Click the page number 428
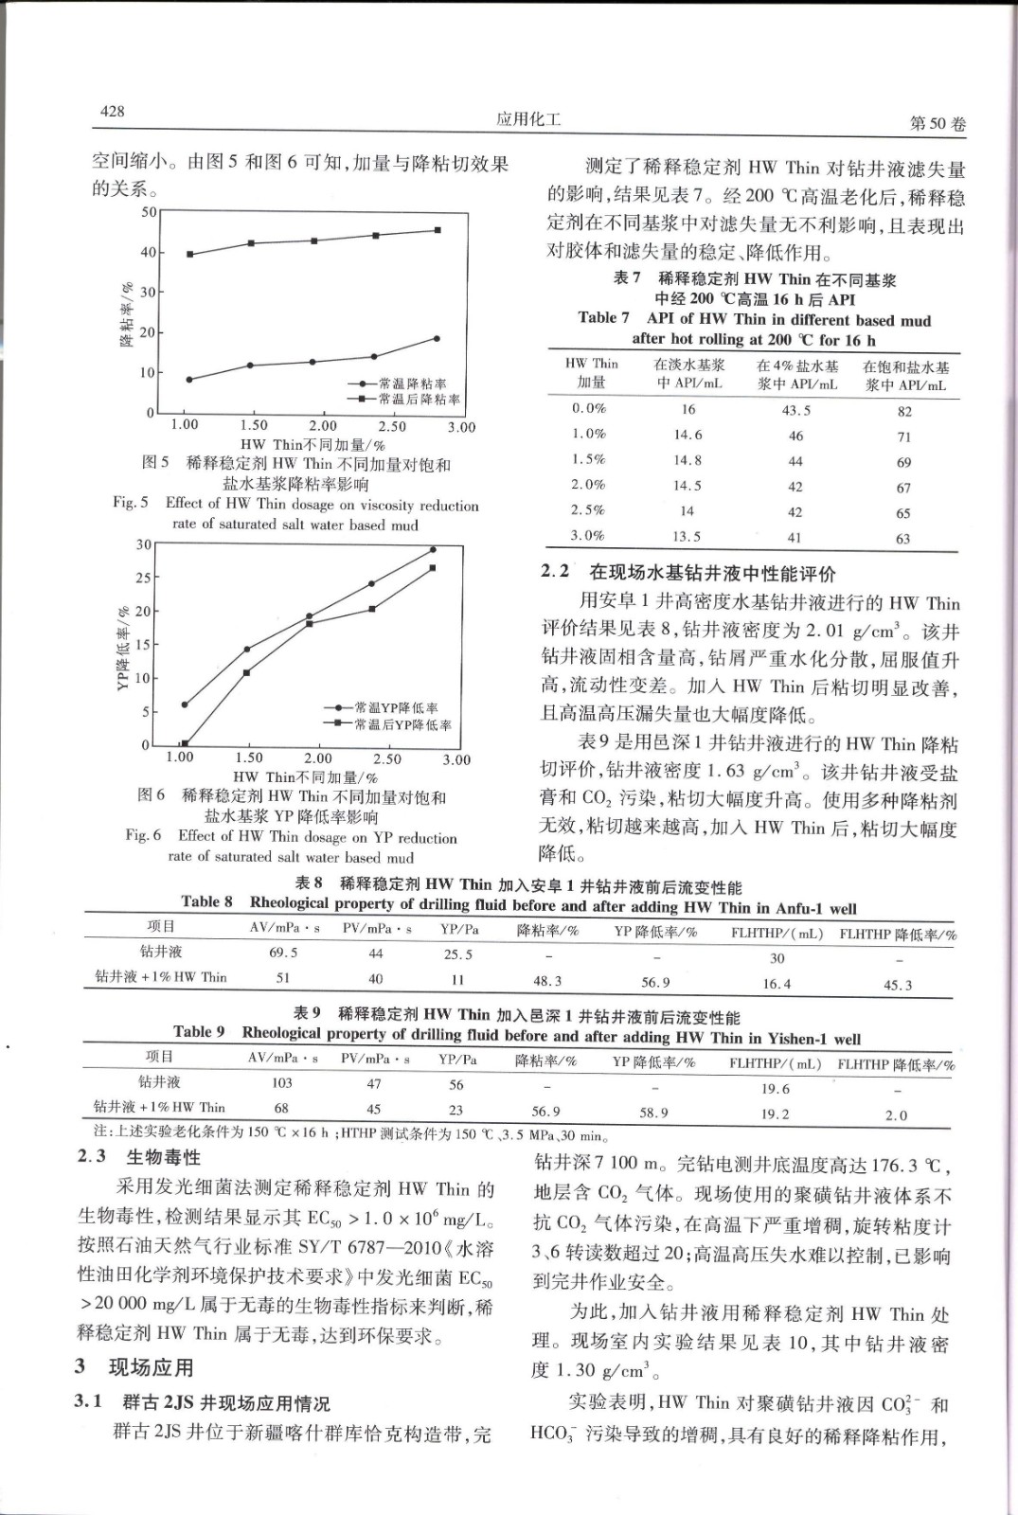click(x=113, y=112)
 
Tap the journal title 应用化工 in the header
click(x=528, y=119)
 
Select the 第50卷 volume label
click(x=937, y=124)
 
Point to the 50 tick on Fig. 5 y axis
click(x=149, y=212)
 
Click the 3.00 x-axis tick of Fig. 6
click(x=456, y=759)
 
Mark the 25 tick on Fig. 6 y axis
click(x=143, y=578)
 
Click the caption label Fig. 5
click(x=131, y=503)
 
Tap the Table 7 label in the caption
click(x=603, y=318)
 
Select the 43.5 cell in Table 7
click(x=795, y=410)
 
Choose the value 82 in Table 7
click(x=904, y=411)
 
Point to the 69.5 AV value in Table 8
click(x=283, y=953)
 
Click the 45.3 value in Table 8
click(x=898, y=985)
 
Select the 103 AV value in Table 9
click(x=282, y=1082)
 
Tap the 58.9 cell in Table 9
click(x=653, y=1113)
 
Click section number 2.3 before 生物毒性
click(x=92, y=1157)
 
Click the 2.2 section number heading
click(x=556, y=571)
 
